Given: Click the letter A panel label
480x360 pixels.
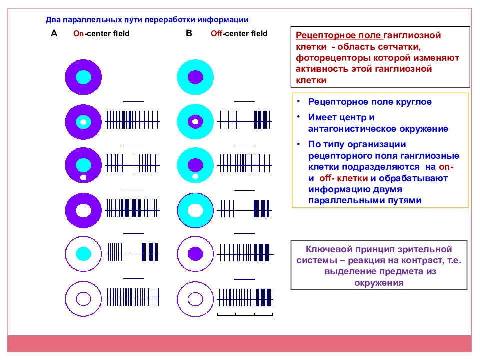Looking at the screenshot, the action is pos(54,33).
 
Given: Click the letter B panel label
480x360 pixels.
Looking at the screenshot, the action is pos(189,33).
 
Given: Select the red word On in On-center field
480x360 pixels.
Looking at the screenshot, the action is pos(78,33).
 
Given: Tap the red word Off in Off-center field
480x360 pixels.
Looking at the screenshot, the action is pos(216,33).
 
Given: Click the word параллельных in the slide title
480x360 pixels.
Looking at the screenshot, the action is pos(95,20).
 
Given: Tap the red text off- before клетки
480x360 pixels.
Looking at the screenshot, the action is pos(327,178).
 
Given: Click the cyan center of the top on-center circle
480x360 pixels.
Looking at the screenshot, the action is pos(83,77).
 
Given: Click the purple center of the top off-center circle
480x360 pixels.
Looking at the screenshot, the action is pos(195,77).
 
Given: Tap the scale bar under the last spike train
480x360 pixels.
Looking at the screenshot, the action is pos(245,314).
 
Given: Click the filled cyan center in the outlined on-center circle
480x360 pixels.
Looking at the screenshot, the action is pos(83,254).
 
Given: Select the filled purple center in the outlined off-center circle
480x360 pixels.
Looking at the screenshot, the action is pos(195,254).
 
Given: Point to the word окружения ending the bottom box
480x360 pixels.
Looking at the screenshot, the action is pos(379,283).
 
